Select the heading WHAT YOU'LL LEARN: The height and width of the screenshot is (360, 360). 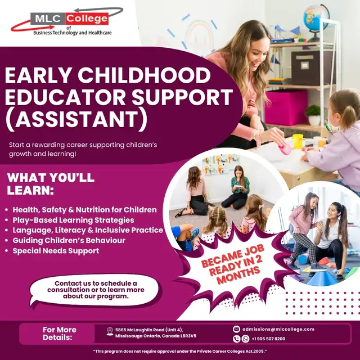(51, 184)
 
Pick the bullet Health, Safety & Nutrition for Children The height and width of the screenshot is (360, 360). (85, 210)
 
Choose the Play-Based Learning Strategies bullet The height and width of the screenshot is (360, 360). (73, 220)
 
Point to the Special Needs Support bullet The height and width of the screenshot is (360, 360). (56, 250)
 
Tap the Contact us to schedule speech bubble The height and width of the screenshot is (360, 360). (95, 290)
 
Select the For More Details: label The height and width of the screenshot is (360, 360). (59, 334)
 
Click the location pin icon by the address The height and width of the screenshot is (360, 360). (110, 332)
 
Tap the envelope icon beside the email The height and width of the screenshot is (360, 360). (237, 329)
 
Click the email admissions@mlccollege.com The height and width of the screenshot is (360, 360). (278, 329)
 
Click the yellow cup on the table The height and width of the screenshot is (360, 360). (298, 141)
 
